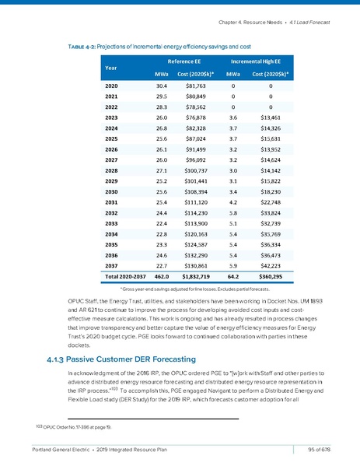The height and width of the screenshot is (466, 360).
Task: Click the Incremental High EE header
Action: (252, 59)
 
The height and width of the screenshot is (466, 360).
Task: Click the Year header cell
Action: (104, 66)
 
